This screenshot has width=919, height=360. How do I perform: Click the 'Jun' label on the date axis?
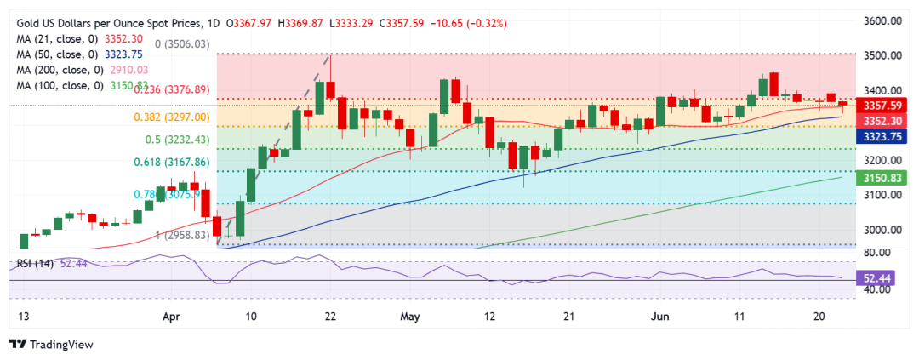[659, 317]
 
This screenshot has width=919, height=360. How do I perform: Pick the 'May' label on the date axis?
[410, 317]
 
